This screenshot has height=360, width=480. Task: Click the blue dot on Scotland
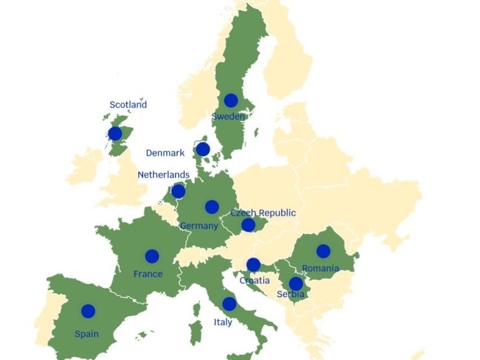point(115,133)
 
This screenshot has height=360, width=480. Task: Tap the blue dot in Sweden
point(230,101)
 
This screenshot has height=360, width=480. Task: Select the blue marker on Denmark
point(203,149)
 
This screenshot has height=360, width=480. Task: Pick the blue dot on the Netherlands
point(178,191)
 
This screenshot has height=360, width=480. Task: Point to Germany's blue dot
point(212,207)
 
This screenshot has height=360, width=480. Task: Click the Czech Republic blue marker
point(248,225)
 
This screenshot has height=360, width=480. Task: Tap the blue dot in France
point(152,256)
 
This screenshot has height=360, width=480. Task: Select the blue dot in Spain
point(88,311)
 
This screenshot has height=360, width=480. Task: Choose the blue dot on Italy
point(229,304)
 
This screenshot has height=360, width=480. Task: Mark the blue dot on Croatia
point(253,265)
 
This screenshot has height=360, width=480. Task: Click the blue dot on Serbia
point(296,284)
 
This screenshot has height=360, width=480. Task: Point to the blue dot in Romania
point(323,251)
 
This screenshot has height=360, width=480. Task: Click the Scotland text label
point(128,105)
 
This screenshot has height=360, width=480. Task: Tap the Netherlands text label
point(164,175)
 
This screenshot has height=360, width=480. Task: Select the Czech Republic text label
point(263,213)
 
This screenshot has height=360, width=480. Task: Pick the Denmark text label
point(165,153)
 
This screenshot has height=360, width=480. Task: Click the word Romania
point(320,268)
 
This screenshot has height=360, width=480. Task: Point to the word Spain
point(87,334)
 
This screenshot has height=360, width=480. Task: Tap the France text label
point(148,274)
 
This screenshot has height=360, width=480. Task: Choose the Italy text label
point(223,322)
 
